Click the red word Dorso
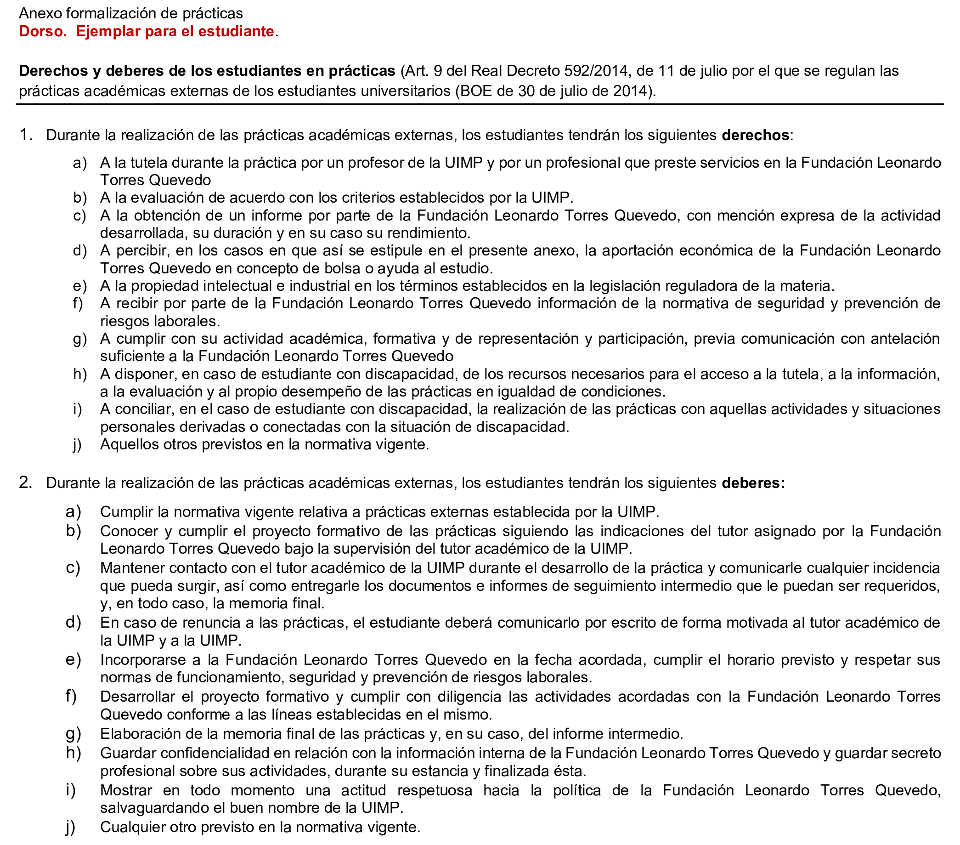coord(42,31)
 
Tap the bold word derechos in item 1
coord(755,135)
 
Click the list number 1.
coord(25,135)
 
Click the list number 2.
coord(25,483)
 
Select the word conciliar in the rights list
coord(145,409)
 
